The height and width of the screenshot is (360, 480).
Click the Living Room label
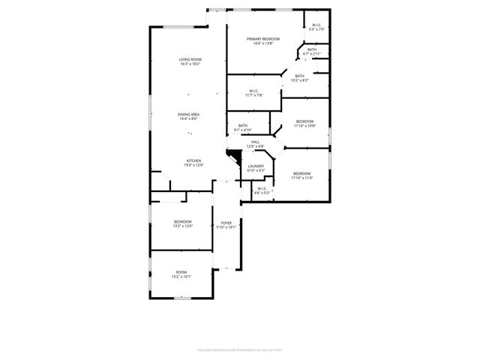(190, 59)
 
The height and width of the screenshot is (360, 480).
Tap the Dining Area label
(189, 114)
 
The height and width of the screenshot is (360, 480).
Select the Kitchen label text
(194, 161)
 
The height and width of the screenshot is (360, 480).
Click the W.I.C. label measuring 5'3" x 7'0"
(317, 25)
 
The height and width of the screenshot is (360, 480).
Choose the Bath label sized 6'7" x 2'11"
(311, 49)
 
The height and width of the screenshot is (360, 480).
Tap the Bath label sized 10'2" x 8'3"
(299, 76)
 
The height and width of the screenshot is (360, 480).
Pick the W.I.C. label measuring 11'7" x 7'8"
(253, 91)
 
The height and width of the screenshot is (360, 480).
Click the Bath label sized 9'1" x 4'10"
(243, 125)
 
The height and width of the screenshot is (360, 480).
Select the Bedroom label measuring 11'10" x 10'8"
(304, 121)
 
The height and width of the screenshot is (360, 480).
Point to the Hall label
(255, 142)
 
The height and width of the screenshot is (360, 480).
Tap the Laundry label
(256, 166)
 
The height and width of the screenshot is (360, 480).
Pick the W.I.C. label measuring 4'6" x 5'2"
(261, 188)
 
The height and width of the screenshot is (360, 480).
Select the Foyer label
(226, 223)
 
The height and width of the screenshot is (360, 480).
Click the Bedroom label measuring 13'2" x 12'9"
(183, 221)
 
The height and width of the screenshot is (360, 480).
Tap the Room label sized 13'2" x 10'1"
(181, 271)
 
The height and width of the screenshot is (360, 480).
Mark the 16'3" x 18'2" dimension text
(190, 64)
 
